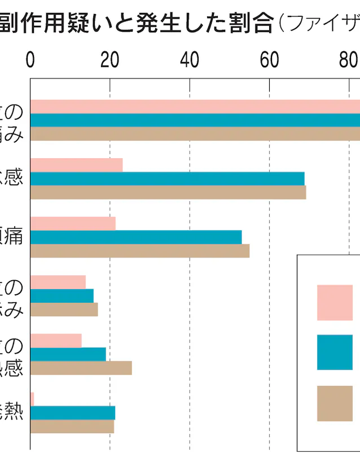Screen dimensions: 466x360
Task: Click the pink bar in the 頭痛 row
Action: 73,223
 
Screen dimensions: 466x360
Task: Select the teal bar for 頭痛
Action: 136,237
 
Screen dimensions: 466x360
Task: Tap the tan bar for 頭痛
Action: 140,251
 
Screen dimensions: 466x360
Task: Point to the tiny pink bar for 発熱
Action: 32,399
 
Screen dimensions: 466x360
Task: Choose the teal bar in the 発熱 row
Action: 73,413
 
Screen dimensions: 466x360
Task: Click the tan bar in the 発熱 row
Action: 72,426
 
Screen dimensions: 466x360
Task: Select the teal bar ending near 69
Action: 167,178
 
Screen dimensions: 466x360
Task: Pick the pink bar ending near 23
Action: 76,165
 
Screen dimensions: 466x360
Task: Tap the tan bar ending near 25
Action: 81,368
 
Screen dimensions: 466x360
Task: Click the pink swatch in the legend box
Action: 335,302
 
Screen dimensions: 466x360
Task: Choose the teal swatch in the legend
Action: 335,352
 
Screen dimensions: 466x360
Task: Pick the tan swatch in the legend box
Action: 335,403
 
